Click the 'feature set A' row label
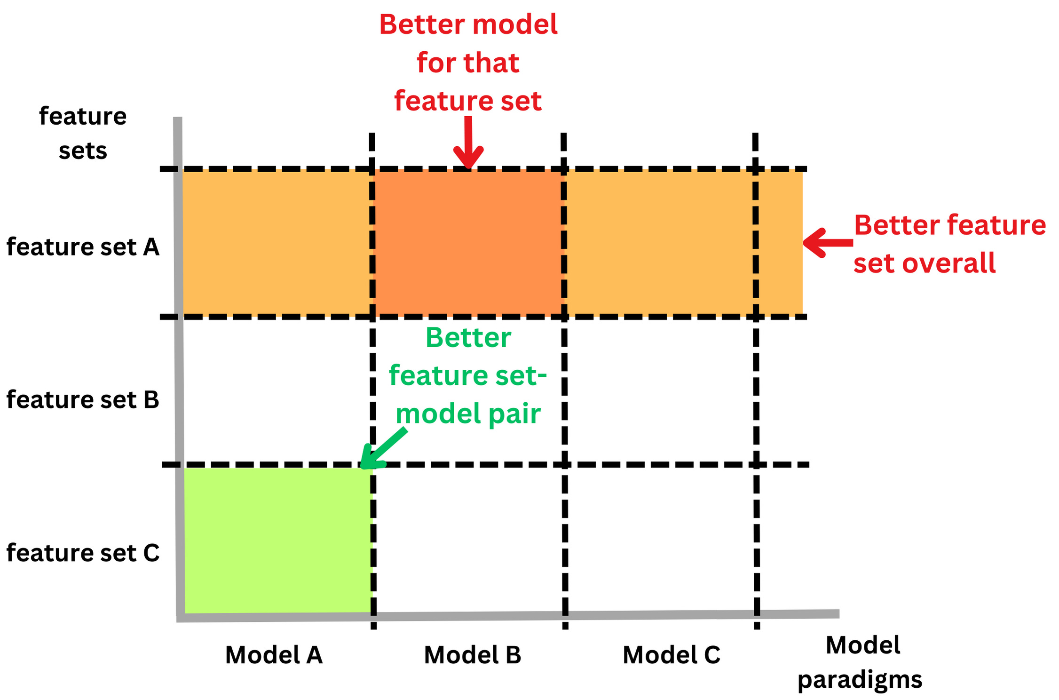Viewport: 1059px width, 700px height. pos(83,247)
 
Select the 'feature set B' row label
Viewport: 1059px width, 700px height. pos(83,400)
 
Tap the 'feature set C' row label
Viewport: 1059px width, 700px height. pos(83,553)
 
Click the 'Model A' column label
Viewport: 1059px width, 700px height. pos(274,655)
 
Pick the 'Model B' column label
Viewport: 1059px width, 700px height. pos(473,655)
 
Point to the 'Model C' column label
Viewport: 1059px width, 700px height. pos(672,655)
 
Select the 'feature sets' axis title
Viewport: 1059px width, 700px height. pos(83,133)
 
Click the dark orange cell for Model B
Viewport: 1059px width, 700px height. pos(468,243)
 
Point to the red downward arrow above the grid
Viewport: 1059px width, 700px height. pos(468,143)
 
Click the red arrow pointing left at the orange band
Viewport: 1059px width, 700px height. pos(828,243)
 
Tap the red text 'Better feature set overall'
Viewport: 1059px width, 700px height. pos(949,244)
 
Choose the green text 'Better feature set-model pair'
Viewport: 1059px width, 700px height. pos(468,375)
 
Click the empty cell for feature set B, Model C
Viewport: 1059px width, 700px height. pos(660,390)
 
